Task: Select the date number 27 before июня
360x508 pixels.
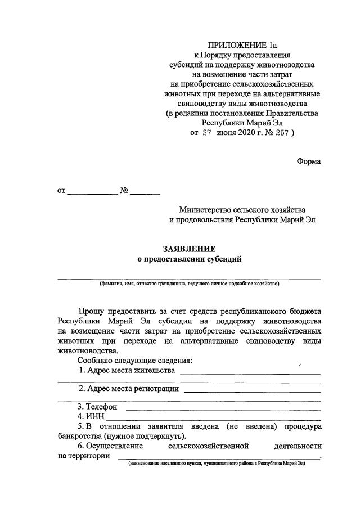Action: (x=207, y=133)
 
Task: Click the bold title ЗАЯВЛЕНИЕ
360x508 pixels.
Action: (x=189, y=248)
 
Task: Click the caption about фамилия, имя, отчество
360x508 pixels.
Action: (x=189, y=284)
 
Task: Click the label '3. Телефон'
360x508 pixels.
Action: (x=97, y=406)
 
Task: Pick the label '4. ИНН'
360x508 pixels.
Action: (x=91, y=416)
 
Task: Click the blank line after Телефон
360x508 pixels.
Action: (x=223, y=408)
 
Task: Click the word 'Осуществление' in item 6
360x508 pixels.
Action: (x=110, y=447)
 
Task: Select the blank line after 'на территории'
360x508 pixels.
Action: (x=217, y=458)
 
